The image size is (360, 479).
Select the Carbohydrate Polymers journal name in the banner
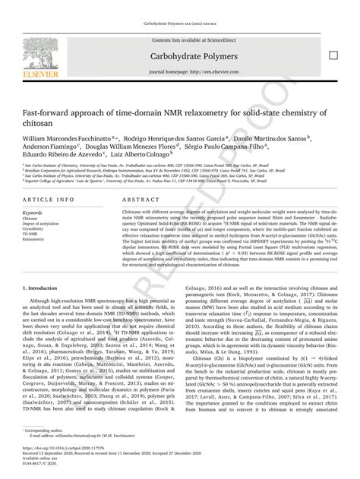[x=179, y=57]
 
